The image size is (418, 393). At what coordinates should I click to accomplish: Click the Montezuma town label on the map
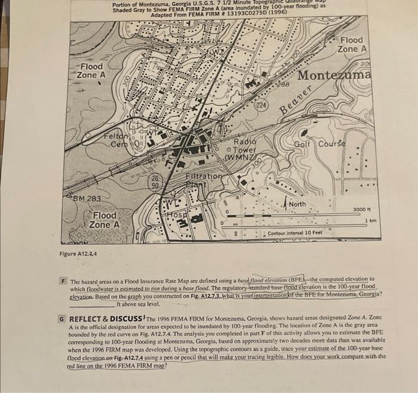click(334, 76)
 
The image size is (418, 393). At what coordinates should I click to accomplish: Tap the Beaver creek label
click(297, 99)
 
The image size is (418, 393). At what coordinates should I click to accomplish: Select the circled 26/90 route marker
click(154, 182)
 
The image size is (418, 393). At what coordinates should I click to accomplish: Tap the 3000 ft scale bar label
click(363, 210)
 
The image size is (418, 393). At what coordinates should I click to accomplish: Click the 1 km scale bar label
click(370, 222)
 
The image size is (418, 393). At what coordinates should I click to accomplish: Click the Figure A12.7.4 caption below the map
click(78, 254)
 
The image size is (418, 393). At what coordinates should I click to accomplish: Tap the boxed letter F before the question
click(64, 280)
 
